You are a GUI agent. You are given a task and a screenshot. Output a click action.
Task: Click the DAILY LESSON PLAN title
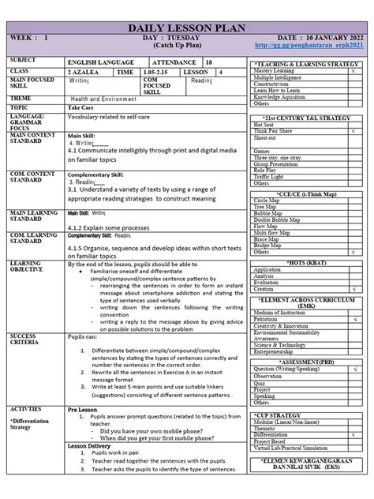[187, 28]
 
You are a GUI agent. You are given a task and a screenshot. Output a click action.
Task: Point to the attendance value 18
[208, 60]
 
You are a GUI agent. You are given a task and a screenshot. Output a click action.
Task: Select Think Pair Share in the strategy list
[272, 130]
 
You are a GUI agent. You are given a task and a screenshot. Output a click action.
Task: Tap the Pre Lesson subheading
[82, 411]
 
